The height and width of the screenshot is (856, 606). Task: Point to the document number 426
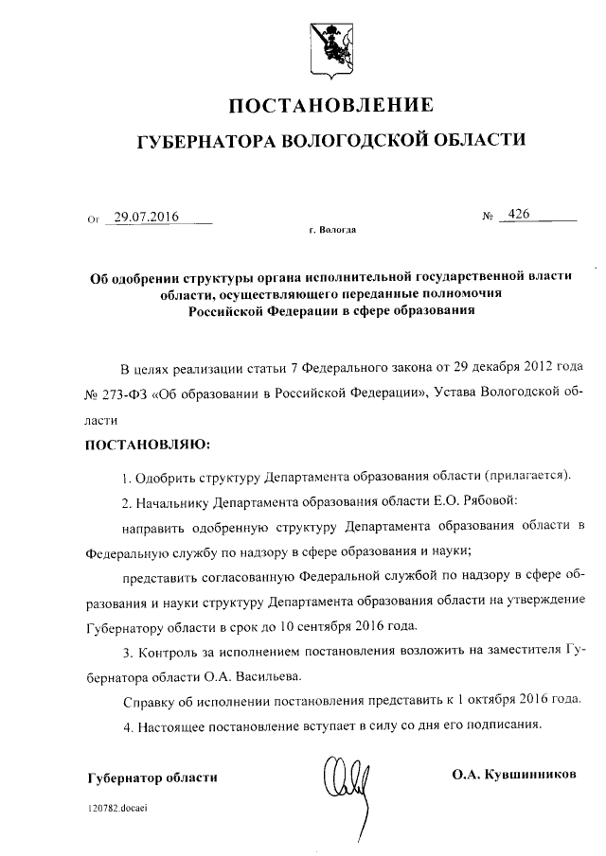(518, 215)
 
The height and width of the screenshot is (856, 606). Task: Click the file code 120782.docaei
(118, 810)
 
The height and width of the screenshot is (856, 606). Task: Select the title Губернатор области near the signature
(151, 777)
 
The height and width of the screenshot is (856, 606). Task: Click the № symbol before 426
(489, 216)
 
